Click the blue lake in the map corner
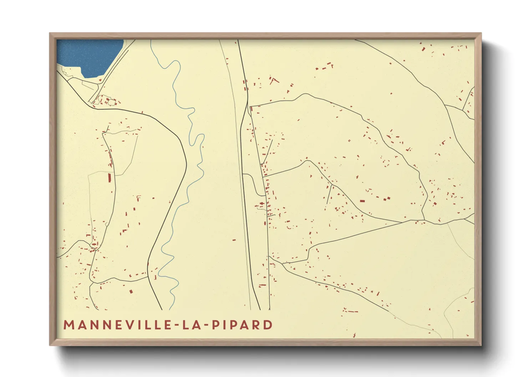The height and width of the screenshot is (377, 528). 89,55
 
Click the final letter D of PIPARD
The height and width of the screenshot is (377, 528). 268,325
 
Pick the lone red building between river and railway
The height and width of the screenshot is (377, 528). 234,240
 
